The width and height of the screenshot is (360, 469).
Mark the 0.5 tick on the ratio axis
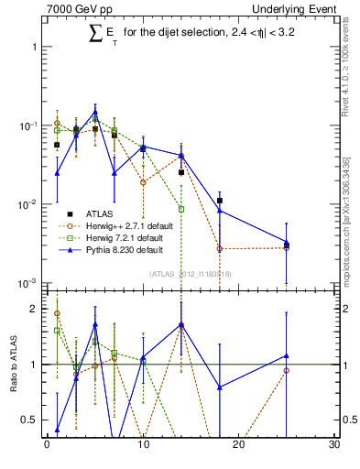(x=32, y=420)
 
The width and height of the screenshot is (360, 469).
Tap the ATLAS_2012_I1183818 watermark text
(x=191, y=273)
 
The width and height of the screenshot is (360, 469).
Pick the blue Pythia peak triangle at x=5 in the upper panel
(x=95, y=113)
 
